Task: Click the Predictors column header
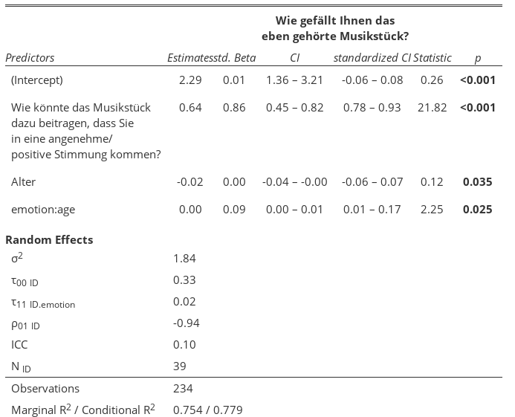click(x=30, y=58)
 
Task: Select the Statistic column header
click(x=433, y=58)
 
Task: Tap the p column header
click(x=477, y=58)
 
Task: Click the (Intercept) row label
click(x=37, y=80)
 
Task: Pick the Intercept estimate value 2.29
click(x=190, y=80)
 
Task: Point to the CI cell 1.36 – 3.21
click(x=294, y=80)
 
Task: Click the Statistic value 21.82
click(x=433, y=108)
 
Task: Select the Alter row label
click(x=24, y=182)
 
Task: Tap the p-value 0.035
click(x=477, y=182)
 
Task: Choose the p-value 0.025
click(x=477, y=210)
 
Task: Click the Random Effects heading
click(x=49, y=240)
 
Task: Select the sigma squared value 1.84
click(x=184, y=258)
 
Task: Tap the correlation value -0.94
click(x=186, y=323)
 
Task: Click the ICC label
click(x=20, y=345)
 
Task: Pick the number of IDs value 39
click(x=179, y=366)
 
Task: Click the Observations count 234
click(x=182, y=389)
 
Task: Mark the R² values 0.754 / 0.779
click(x=207, y=410)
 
